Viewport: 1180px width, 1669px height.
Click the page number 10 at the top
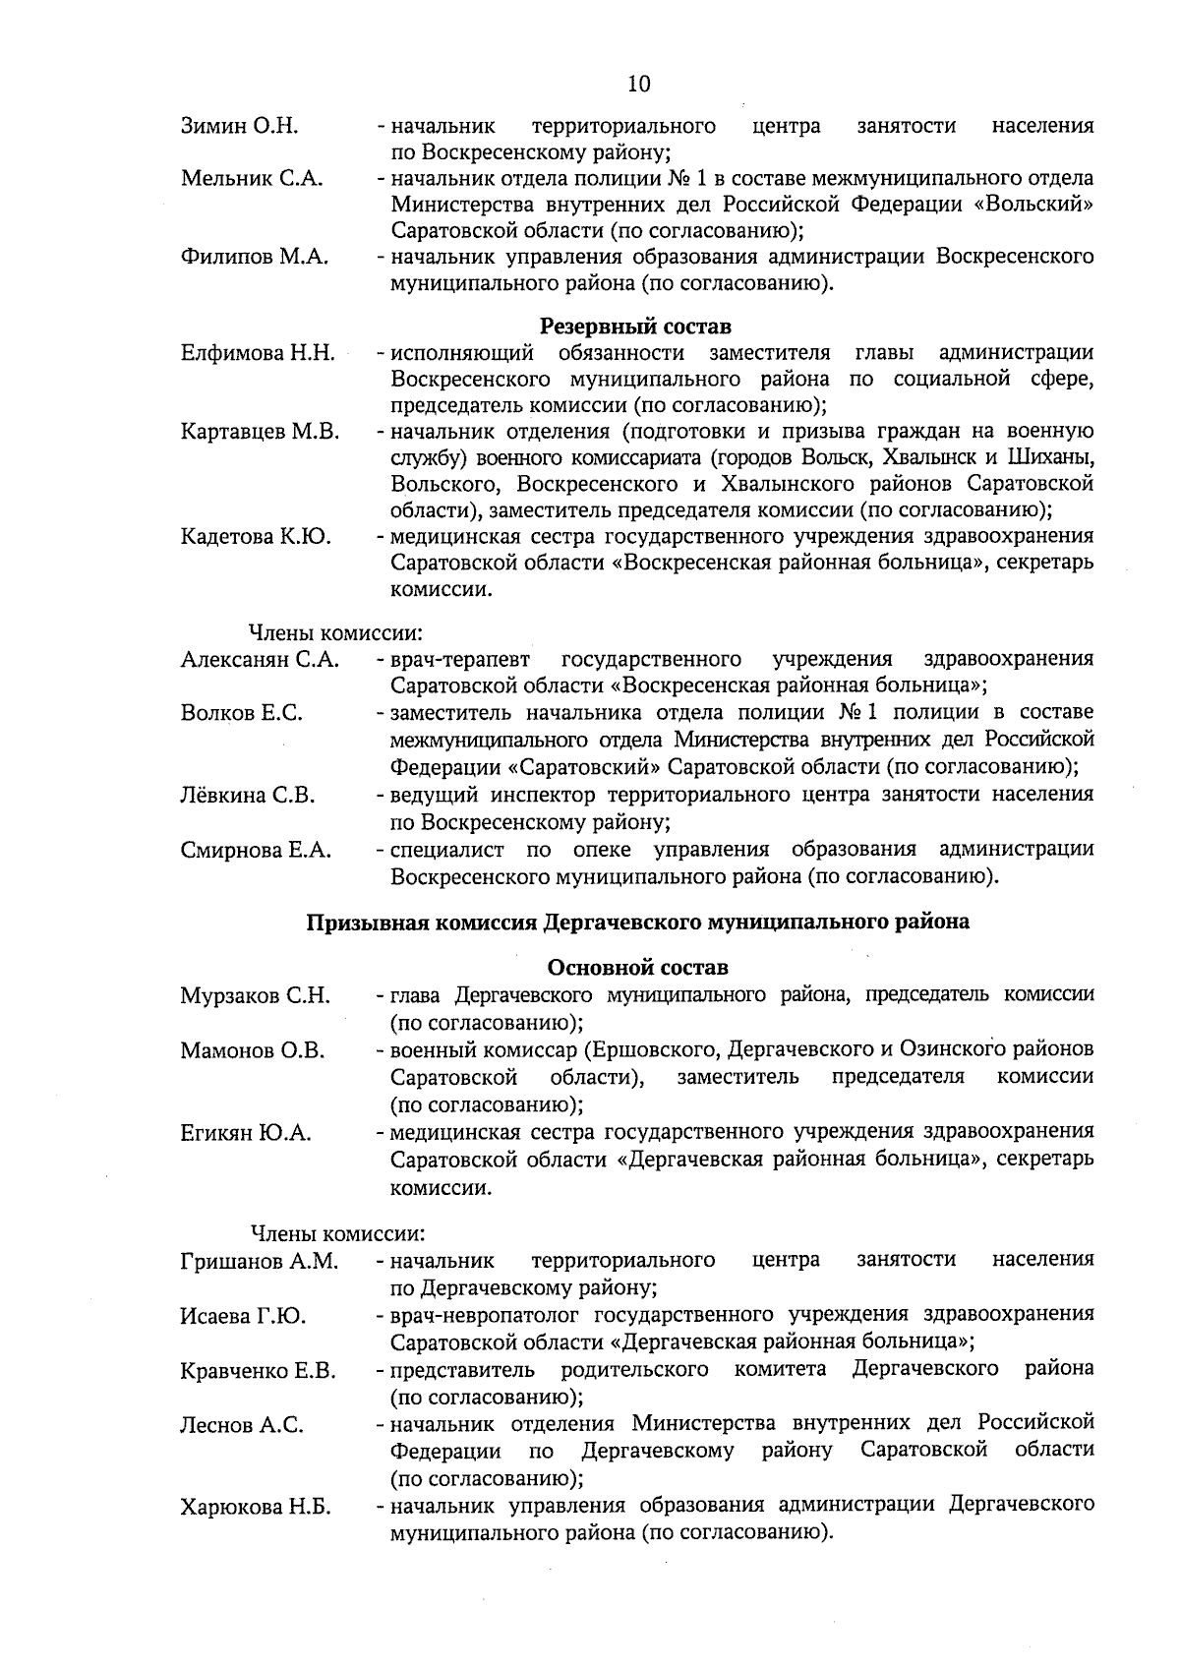point(638,84)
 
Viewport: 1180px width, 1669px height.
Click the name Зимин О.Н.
point(240,126)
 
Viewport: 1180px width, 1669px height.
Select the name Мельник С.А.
point(252,179)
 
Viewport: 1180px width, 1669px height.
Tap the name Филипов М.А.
point(255,258)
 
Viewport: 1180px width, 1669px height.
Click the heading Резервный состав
point(635,326)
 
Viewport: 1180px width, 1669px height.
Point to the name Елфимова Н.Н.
point(258,352)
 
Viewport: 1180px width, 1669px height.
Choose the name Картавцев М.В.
point(260,431)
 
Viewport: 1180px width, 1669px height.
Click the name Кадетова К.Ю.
point(256,537)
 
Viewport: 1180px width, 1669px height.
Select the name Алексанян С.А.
point(260,659)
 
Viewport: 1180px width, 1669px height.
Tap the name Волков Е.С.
point(241,713)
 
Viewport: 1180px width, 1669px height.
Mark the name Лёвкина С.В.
point(248,795)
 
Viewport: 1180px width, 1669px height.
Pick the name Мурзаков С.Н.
point(255,995)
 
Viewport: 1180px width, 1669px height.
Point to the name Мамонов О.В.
point(252,1050)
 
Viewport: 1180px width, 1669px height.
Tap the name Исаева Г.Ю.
point(243,1316)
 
